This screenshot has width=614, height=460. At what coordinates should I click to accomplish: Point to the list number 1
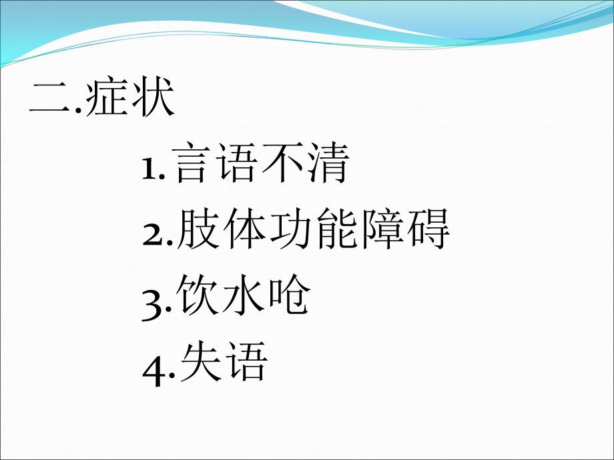148,169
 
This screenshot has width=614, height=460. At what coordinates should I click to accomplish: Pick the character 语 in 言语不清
238,163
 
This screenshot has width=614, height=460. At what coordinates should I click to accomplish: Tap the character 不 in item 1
283,163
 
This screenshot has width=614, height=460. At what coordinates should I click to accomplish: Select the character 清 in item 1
328,163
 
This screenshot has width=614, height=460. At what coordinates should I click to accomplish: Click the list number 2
153,235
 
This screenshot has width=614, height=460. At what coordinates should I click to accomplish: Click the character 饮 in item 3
198,295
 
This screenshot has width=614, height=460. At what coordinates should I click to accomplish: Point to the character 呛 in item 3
290,295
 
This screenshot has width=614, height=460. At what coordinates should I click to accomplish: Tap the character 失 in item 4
200,361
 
